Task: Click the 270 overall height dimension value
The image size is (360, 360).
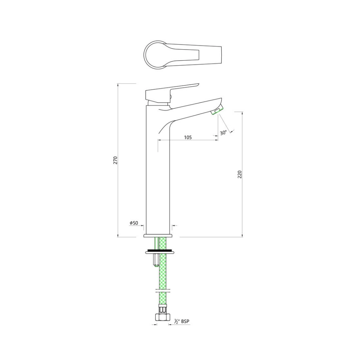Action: click(115, 160)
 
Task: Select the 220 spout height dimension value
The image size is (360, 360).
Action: click(240, 174)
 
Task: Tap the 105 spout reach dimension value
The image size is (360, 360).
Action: click(188, 137)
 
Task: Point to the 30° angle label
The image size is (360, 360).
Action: click(223, 133)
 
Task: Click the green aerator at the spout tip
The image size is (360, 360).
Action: click(216, 111)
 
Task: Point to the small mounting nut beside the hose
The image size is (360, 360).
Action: click(156, 261)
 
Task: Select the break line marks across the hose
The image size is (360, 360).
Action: click(162, 292)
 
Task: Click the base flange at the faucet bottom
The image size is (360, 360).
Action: click(158, 236)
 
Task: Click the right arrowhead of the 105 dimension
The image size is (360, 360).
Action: click(217, 141)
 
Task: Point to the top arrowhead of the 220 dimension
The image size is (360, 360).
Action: click(242, 113)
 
